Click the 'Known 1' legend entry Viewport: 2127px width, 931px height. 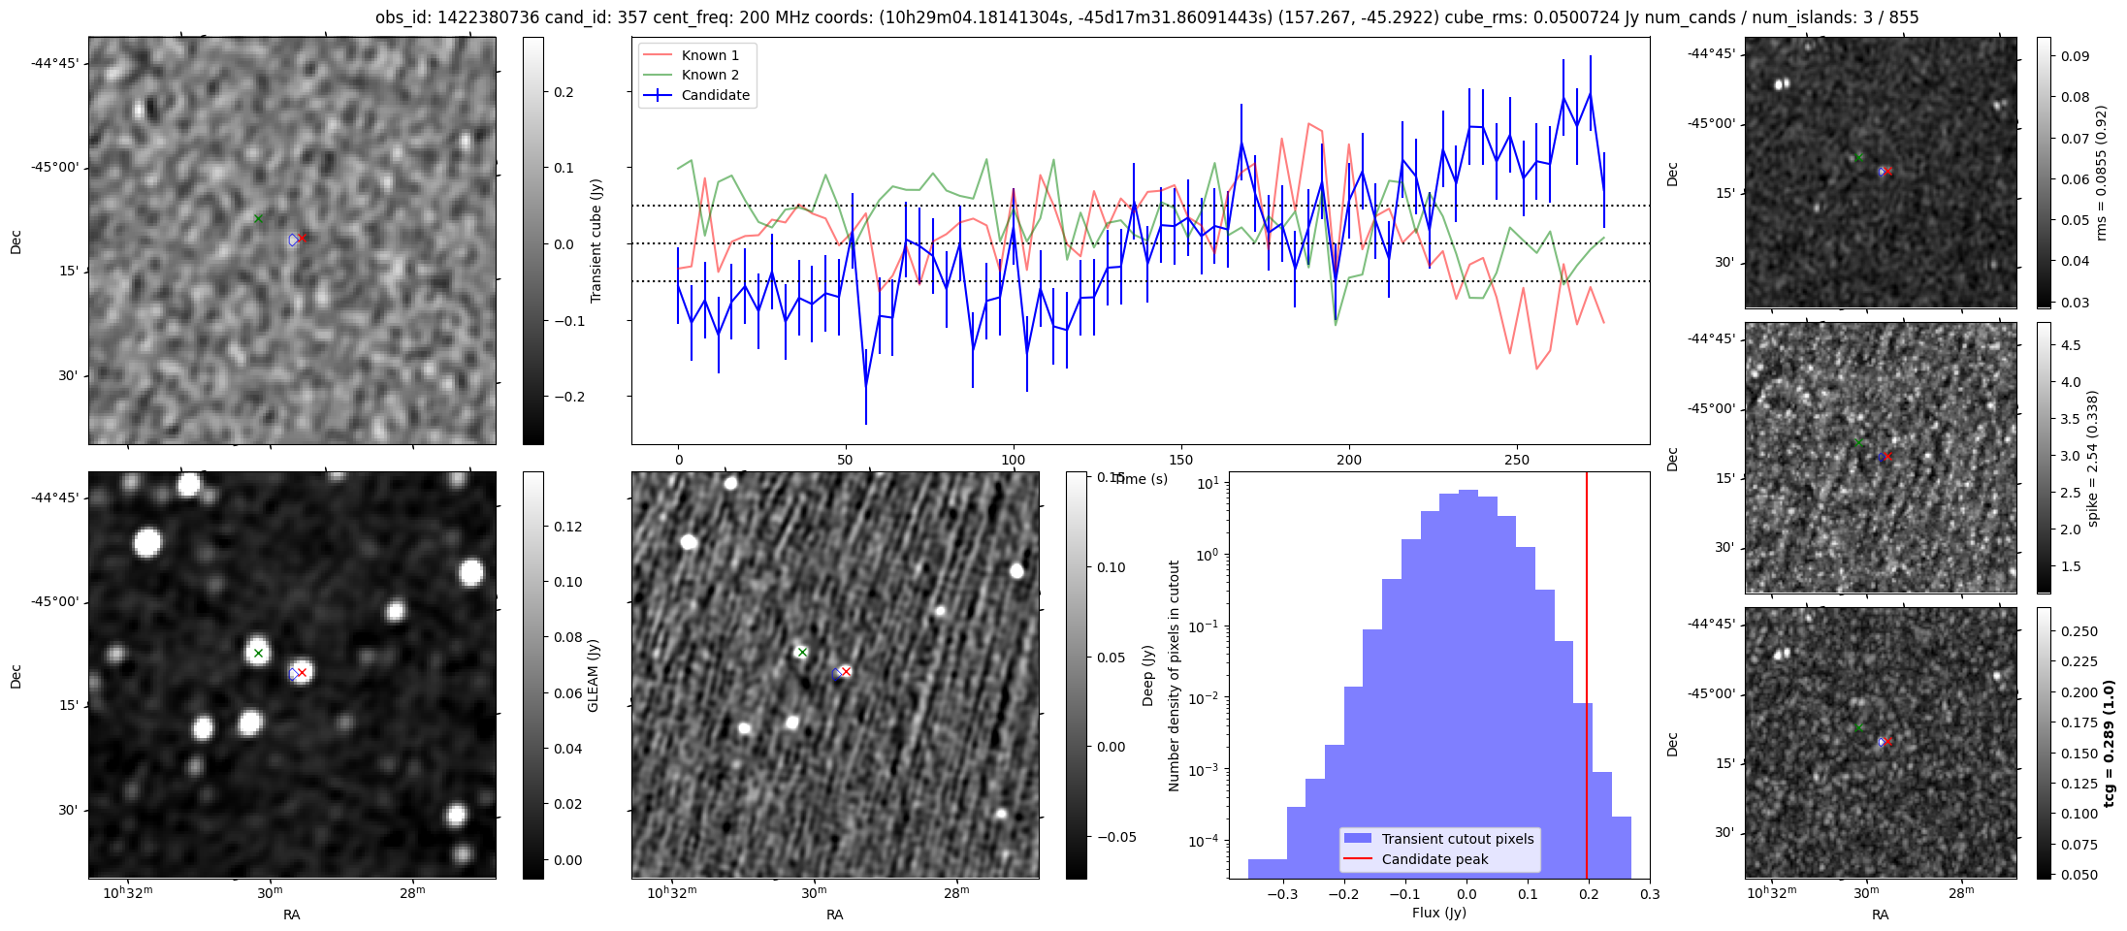pos(709,55)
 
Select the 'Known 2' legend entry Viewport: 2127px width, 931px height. pos(709,75)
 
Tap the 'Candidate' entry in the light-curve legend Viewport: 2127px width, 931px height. pos(715,95)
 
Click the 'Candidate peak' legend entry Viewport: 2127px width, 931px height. pos(1434,859)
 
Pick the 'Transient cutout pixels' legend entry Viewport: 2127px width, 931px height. pos(1457,839)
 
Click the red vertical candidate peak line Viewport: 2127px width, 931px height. pos(1587,679)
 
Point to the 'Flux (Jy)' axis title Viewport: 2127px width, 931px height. pos(1439,913)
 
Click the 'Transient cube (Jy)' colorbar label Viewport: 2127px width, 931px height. pos(596,241)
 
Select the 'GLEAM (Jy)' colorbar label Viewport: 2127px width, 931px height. pos(593,675)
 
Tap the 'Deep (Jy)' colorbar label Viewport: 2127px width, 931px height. pos(1147,675)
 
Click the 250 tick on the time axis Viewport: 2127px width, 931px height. pos(1517,460)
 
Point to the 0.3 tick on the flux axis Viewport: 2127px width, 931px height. pos(1650,894)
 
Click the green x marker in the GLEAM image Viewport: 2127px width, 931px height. pos(258,653)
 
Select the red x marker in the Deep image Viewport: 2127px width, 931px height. pos(846,671)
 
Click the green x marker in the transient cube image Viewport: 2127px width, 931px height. pos(258,218)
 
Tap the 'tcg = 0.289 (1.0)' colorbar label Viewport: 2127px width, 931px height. pos(2110,743)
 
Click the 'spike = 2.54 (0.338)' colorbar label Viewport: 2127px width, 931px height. pos(2092,458)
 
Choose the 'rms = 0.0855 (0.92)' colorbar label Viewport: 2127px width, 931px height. pos(2101,173)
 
